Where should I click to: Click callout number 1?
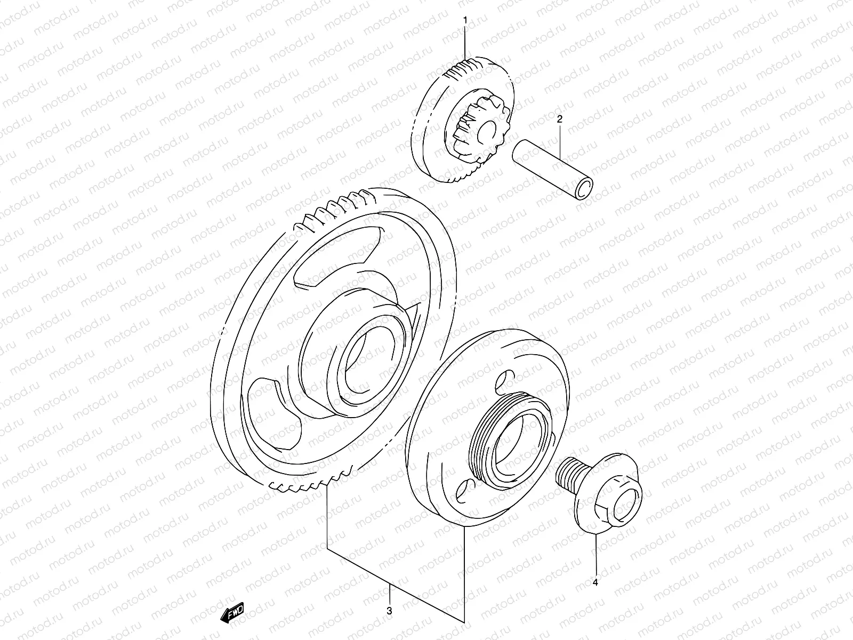[465, 20]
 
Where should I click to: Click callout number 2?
[560, 119]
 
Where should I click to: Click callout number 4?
[596, 583]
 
